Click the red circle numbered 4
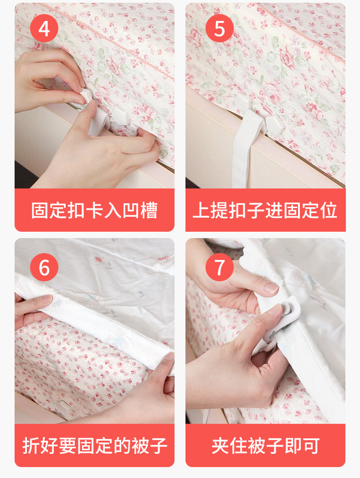44,28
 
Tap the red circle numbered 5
220,28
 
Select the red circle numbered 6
44,267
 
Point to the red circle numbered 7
220,267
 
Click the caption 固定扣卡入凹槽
94,210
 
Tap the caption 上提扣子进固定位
265,210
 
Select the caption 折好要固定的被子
95,446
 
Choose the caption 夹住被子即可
265,446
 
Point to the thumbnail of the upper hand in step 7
271,288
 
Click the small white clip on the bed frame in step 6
64,406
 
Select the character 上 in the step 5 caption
201,210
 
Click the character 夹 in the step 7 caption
220,446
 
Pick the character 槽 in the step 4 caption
149,210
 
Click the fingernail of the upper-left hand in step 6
47,299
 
